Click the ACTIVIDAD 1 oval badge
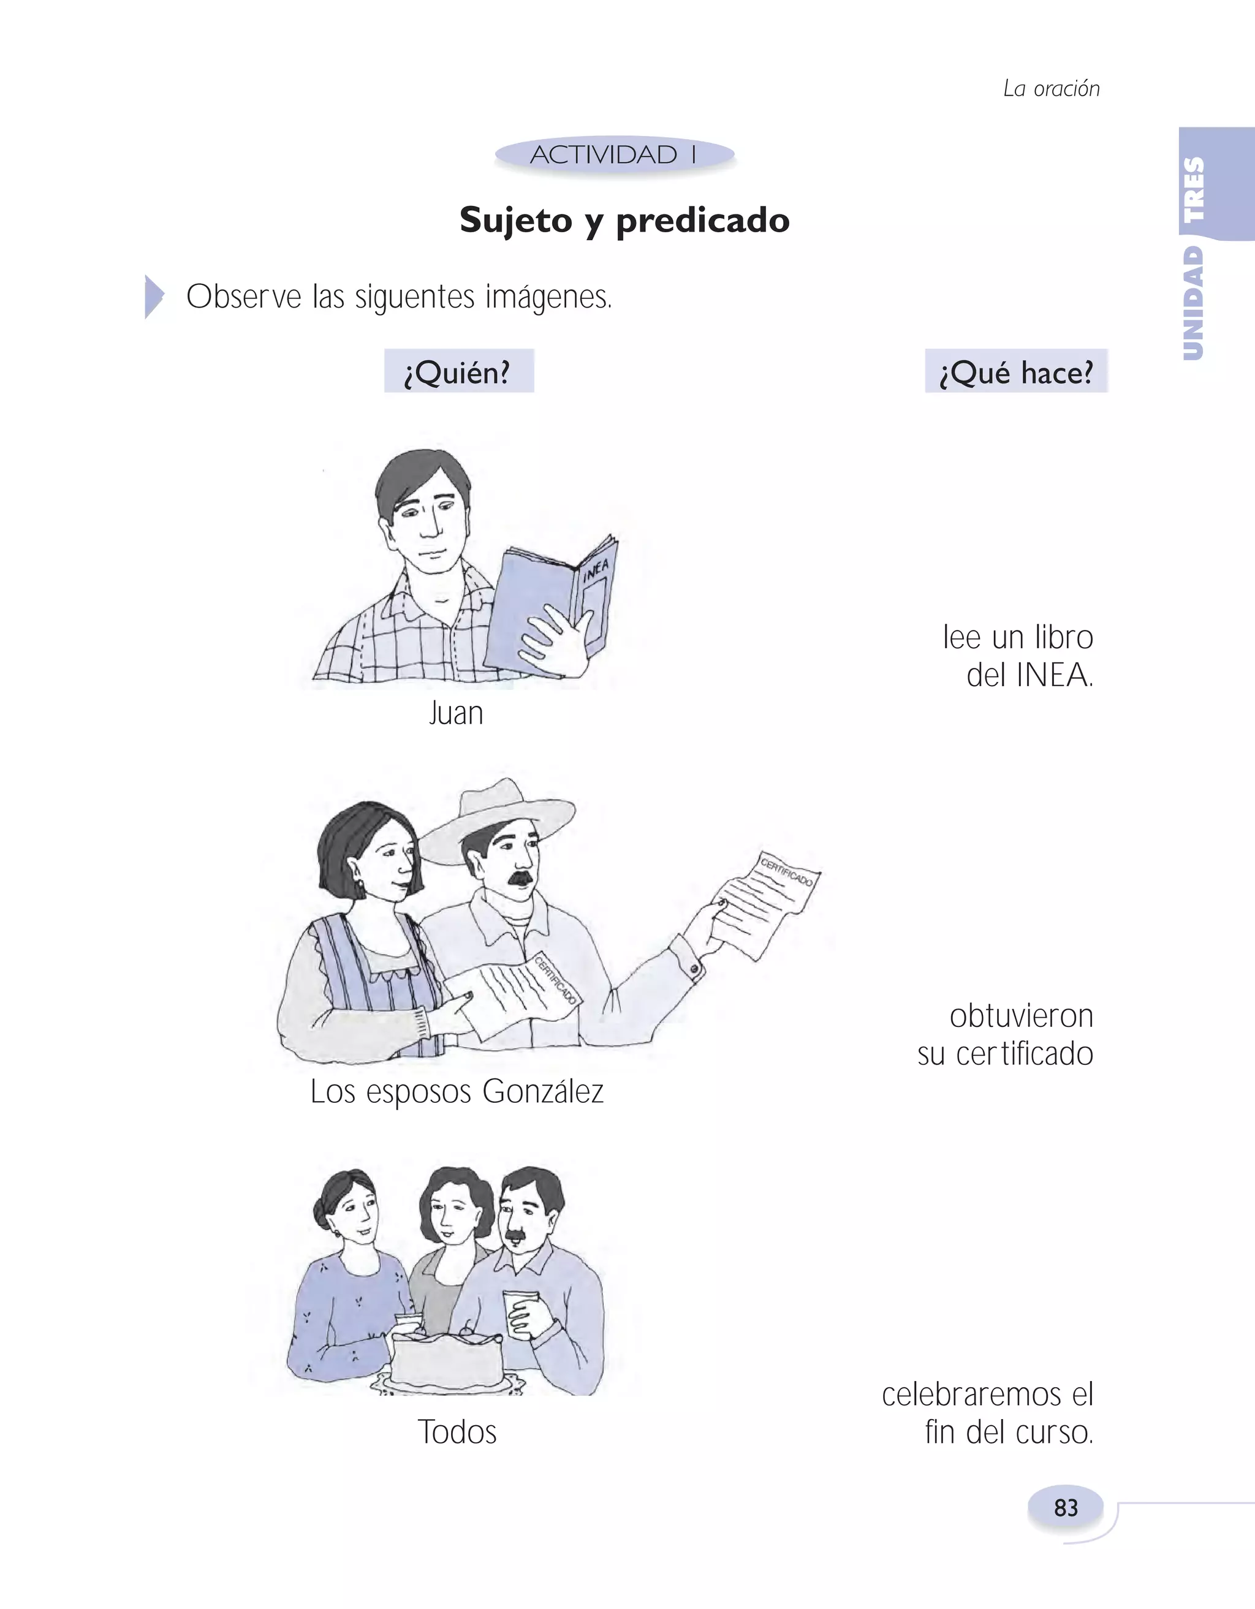[614, 154]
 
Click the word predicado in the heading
[702, 221]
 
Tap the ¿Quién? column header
[458, 372]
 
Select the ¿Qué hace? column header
[1015, 372]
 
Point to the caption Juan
[456, 713]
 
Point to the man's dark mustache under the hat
[520, 877]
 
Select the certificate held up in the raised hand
[770, 903]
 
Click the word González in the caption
[543, 1091]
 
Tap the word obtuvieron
[1021, 1016]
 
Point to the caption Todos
[457, 1431]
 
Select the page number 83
[1066, 1507]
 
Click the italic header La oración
[1051, 88]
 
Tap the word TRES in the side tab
[1193, 189]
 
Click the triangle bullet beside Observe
[153, 297]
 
